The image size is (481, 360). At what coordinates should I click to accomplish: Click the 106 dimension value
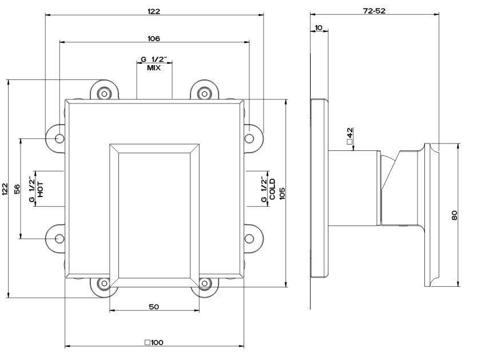click(x=154, y=39)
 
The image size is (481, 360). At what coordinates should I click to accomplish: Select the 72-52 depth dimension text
click(x=374, y=11)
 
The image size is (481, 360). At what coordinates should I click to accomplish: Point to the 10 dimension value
click(x=319, y=28)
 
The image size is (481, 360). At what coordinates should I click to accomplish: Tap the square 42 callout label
click(x=350, y=136)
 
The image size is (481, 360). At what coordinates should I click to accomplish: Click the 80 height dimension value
click(x=455, y=215)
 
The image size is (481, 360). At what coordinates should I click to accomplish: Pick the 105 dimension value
click(x=282, y=193)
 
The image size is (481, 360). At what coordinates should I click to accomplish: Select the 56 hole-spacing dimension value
click(x=17, y=189)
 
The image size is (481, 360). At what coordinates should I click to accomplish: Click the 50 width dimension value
click(x=154, y=307)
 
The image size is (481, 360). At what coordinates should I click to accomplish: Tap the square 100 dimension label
click(x=154, y=342)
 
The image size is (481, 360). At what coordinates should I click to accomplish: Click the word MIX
click(x=154, y=67)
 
